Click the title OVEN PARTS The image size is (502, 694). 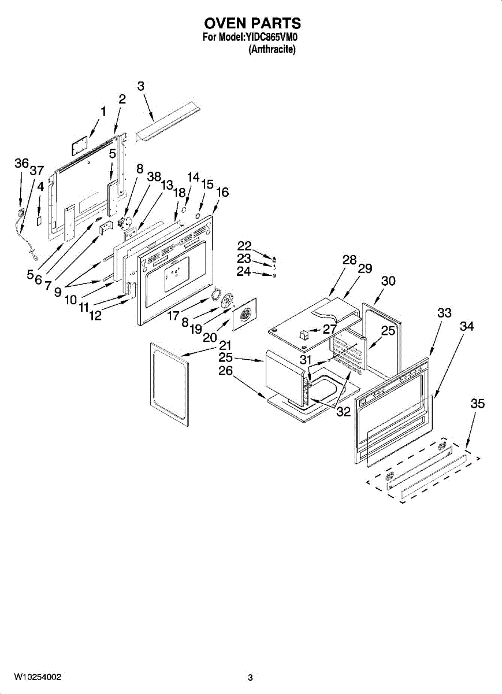(252, 23)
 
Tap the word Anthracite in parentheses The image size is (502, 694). (272, 50)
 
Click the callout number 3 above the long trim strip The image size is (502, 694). (141, 86)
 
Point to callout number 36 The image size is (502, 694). (21, 164)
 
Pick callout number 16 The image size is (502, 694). (222, 192)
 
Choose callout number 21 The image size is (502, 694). (225, 345)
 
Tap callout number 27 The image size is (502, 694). (329, 329)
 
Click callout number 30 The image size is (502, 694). (388, 280)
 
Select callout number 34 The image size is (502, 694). (467, 326)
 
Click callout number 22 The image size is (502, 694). (244, 246)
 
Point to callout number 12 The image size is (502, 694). (95, 316)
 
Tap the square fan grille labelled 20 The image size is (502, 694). (244, 315)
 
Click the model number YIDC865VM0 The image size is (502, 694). (272, 38)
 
